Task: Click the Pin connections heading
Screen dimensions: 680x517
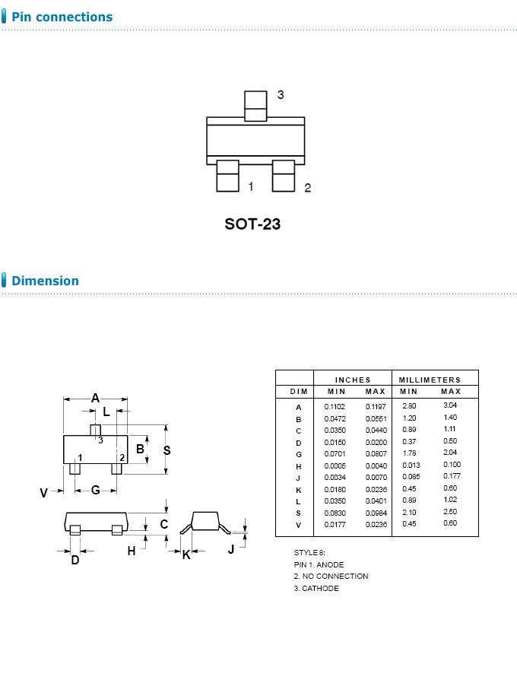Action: tap(62, 17)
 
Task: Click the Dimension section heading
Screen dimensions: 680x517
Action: tap(45, 281)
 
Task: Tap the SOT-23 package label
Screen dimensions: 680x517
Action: tap(252, 224)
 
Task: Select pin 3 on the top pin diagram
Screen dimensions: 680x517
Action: tap(255, 106)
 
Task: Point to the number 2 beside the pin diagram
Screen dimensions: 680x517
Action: tap(307, 188)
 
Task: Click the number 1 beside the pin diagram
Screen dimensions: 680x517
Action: tap(250, 186)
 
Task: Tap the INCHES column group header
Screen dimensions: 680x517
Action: tap(353, 380)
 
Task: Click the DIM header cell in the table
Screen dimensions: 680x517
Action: tap(299, 391)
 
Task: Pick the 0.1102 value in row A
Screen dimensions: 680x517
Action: tap(335, 407)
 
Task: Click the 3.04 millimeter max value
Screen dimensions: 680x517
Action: tap(450, 406)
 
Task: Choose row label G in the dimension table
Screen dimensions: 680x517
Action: tap(299, 454)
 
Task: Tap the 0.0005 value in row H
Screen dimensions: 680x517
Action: tap(335, 466)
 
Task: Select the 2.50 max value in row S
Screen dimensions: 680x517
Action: tap(450, 513)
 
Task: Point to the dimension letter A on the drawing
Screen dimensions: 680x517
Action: tap(96, 397)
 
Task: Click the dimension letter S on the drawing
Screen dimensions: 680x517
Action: tap(167, 450)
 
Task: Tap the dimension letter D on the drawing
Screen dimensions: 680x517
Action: tap(75, 560)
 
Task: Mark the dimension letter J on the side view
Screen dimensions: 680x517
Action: tap(231, 549)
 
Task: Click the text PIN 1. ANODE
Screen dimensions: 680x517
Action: tap(319, 564)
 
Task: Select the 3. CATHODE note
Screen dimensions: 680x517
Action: tap(316, 588)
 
